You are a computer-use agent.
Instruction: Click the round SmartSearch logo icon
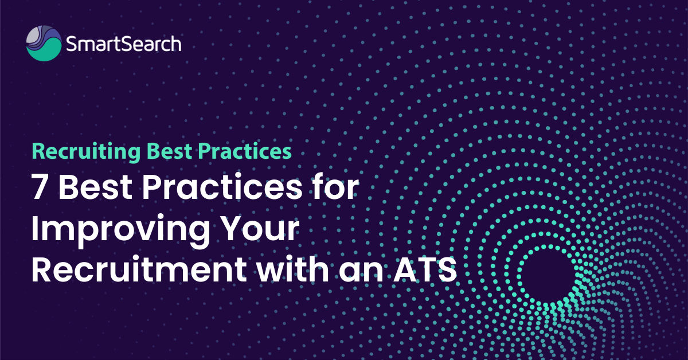click(x=44, y=44)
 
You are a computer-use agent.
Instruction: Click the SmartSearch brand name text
click(x=123, y=44)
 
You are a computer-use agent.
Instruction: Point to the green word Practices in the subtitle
click(x=244, y=151)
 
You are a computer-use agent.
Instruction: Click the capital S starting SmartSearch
click(x=71, y=44)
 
